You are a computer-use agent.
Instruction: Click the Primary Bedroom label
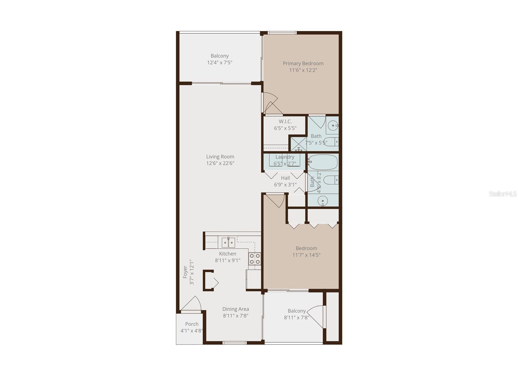coord(303,63)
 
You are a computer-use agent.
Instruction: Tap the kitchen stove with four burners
coord(255,259)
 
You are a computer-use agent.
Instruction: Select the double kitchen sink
coord(228,242)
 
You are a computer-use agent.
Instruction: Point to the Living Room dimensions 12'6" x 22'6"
coord(220,163)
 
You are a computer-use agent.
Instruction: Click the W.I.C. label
coord(285,122)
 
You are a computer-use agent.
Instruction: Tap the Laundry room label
coord(285,157)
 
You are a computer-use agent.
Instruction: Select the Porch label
coord(192,324)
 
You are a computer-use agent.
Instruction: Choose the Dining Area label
coord(236,309)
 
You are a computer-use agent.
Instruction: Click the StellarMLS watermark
coord(503,194)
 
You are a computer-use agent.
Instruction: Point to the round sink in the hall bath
coord(323,201)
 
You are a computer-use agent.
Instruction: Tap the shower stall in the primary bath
coord(298,144)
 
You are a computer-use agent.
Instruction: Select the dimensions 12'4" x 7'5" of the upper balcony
coord(220,62)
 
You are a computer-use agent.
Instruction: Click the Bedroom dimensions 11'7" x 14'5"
coord(306,255)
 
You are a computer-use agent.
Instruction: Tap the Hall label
coord(285,178)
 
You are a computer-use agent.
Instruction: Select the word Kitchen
coord(228,254)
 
